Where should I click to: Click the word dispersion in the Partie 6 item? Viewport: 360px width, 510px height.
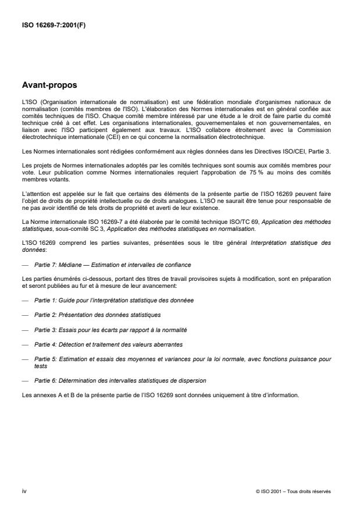tap(174, 380)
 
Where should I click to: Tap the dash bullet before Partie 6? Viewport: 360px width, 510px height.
tap(24, 380)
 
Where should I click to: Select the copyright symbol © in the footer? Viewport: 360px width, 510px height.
tap(257, 491)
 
